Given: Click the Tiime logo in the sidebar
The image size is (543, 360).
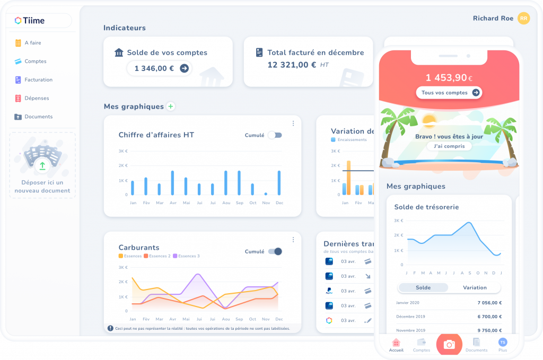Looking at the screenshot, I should point(30,21).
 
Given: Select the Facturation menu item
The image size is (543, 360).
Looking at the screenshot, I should point(38,80).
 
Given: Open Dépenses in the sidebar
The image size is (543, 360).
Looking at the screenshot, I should point(37,98).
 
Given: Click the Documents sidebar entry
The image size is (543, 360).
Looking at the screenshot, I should point(38,117).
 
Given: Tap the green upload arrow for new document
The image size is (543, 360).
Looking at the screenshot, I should point(42,165).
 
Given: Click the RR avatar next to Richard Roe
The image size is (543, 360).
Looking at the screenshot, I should point(523,19).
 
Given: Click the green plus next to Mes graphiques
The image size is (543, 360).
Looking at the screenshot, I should point(171,107).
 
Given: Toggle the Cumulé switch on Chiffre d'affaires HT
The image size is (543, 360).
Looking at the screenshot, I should point(275,135).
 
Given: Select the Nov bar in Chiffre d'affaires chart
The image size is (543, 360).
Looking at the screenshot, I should point(266,194).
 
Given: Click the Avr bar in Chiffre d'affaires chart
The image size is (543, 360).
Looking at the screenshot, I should point(172,183).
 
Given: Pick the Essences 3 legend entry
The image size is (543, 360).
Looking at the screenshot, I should point(186,256).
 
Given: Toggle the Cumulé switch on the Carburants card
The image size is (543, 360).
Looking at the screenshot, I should point(275,251).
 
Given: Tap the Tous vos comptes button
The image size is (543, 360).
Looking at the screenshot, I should point(449,93).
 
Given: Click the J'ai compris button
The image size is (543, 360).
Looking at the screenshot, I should point(449,146).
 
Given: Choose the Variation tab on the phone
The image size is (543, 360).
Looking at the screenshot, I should point(474,287).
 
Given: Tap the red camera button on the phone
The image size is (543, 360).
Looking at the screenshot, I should point(449,345).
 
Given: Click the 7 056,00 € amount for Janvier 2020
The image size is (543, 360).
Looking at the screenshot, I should point(489,303).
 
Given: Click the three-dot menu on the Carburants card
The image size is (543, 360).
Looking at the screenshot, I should point(293,240).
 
